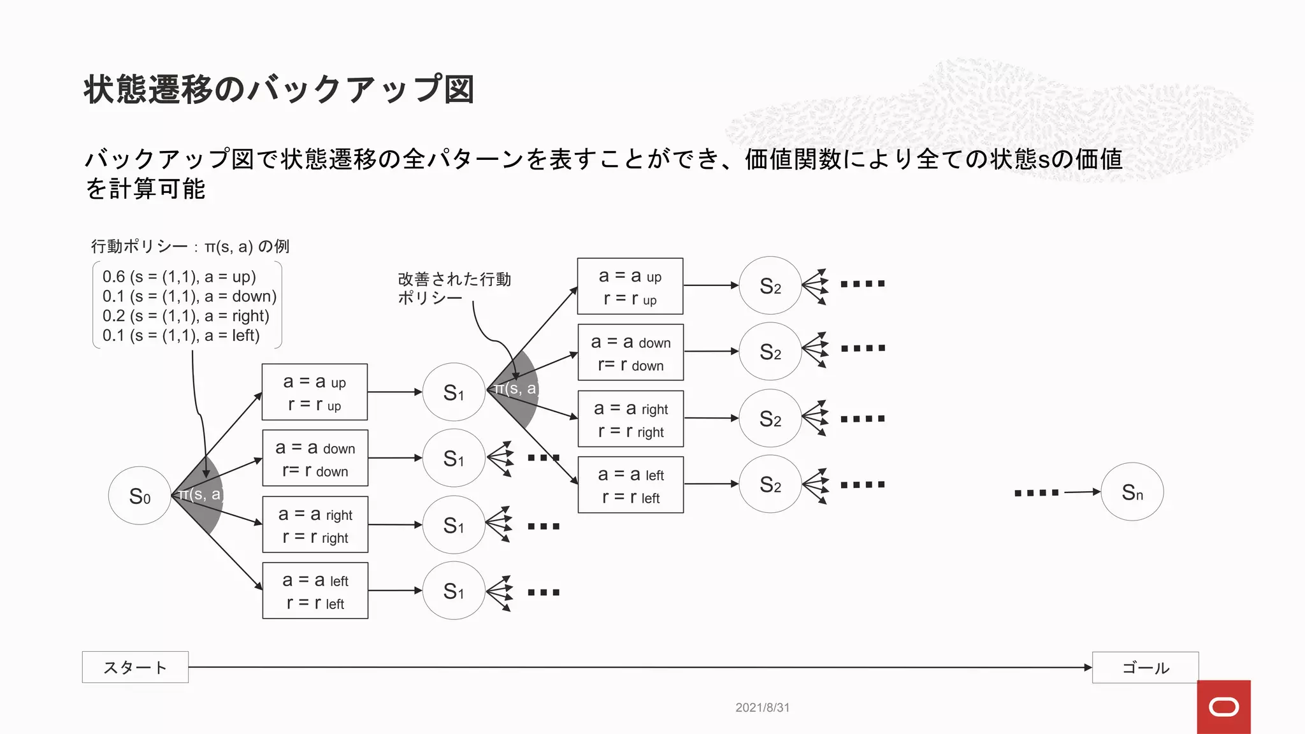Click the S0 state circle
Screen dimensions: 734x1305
pos(140,496)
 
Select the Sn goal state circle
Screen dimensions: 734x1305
pos(1132,492)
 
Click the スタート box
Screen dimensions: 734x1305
pos(135,667)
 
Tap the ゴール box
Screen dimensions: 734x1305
pos(1145,668)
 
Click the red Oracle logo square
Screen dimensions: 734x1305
pos(1223,707)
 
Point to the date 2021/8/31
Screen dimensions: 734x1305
pos(762,707)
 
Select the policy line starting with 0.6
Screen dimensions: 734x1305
pos(179,277)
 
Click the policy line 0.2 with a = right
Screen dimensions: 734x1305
pos(185,316)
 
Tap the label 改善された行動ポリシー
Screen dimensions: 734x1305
pos(454,288)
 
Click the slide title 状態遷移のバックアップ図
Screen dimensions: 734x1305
pos(279,89)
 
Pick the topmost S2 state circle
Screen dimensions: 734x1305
pos(770,286)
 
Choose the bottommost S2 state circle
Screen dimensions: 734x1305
pos(770,484)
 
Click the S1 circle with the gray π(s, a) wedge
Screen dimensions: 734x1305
pos(454,392)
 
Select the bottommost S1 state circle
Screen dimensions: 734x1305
pos(454,591)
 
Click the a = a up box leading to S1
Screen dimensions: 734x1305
pos(315,392)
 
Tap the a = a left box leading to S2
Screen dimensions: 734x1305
pos(630,485)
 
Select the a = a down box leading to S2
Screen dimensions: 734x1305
pos(630,352)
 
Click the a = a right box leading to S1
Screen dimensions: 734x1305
pos(315,524)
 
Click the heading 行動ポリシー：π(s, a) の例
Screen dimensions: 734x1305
pos(190,247)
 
